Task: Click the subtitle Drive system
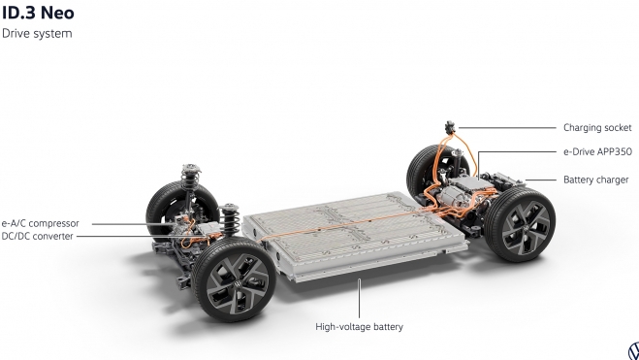click(x=37, y=33)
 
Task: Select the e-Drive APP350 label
click(x=596, y=153)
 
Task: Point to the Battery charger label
click(x=595, y=180)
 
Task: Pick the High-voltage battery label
click(x=359, y=327)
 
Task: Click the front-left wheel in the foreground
click(x=231, y=281)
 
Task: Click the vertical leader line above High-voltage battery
click(x=359, y=296)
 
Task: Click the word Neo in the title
click(x=54, y=14)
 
